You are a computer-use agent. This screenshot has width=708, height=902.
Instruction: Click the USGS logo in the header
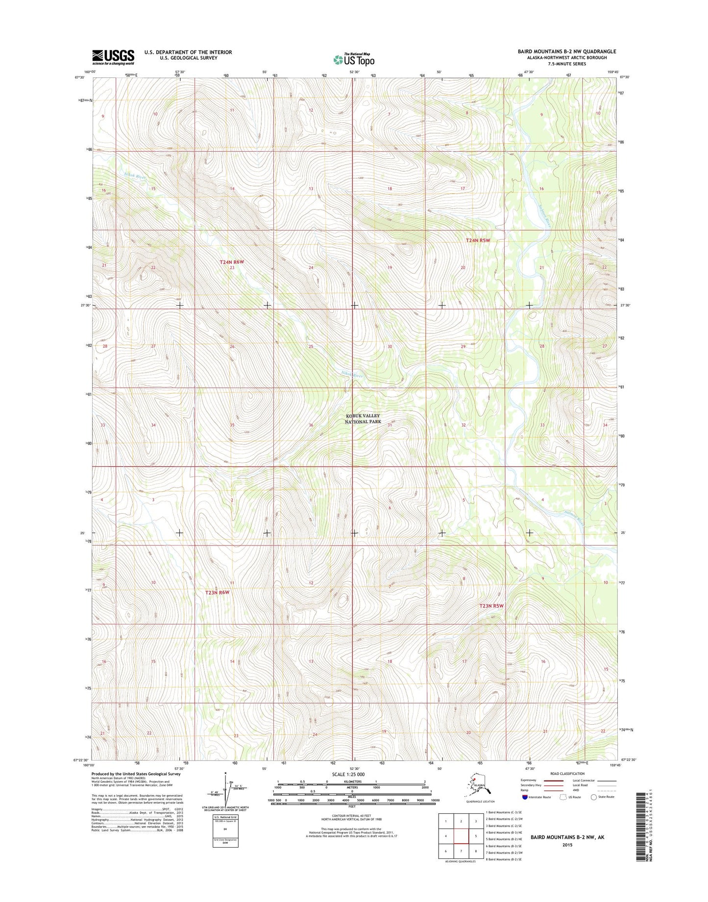click(113, 57)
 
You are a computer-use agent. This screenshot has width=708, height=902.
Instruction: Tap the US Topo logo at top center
click(354, 59)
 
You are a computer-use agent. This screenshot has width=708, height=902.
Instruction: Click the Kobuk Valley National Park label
click(363, 419)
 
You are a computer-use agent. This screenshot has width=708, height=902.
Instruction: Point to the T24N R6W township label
click(231, 262)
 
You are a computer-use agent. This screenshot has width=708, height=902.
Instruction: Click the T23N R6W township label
click(217, 593)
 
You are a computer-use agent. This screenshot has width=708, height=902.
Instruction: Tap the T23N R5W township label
click(491, 606)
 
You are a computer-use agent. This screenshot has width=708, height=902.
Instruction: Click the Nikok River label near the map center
click(352, 375)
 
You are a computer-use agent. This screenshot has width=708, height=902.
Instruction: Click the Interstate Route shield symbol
click(525, 797)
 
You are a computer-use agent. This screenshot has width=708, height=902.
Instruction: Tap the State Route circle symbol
click(594, 797)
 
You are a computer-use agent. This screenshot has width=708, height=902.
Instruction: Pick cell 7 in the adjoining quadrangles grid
click(461, 851)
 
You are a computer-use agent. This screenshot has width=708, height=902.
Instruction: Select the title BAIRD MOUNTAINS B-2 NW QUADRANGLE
click(566, 51)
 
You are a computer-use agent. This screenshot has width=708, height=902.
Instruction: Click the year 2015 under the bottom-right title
click(567, 845)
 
